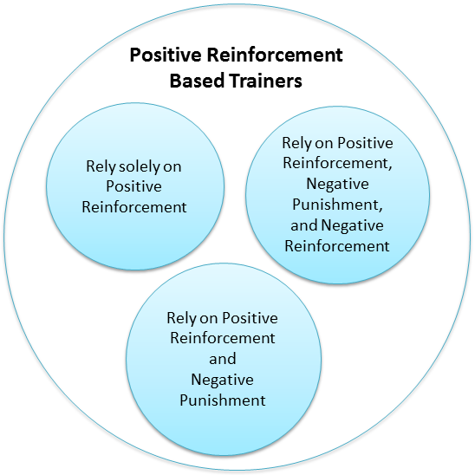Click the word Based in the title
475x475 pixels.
198,81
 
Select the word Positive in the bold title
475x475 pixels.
166,55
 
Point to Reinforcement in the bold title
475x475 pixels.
275,55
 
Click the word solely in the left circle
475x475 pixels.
139,166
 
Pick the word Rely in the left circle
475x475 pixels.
101,166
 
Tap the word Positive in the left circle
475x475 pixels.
133,186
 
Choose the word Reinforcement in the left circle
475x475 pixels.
134,207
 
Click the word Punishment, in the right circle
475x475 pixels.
337,205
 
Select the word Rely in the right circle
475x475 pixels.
296,143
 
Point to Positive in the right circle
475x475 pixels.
365,143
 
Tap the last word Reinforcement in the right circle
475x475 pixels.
337,245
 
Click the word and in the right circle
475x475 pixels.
304,225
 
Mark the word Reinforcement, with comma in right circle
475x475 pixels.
337,163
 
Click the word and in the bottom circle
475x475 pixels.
223,359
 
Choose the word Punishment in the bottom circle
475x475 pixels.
223,400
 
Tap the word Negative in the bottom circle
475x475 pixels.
223,380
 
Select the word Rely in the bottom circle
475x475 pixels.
182,318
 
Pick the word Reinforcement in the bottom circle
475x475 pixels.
223,338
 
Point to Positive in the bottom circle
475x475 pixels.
250,318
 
